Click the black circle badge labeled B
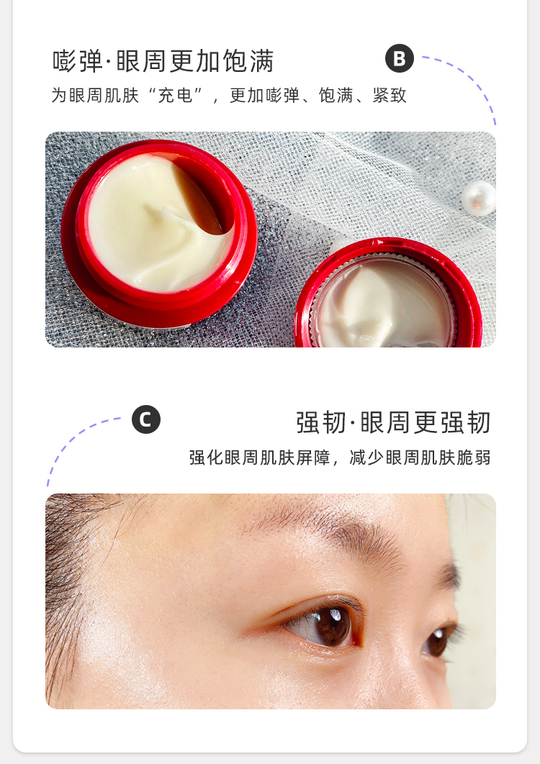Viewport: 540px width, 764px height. pos(400,58)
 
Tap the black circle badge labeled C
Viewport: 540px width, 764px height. pos(146,419)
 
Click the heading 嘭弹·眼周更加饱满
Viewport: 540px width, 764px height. pos(163,61)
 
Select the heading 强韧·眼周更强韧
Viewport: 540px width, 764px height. pos(393,422)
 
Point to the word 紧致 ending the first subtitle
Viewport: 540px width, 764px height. pos(390,96)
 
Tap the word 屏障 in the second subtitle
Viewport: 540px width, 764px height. pos(313,458)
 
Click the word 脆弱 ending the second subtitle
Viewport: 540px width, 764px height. pos(473,458)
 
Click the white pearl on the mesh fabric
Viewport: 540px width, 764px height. pos(479,199)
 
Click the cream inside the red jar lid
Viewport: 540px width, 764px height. pos(380,307)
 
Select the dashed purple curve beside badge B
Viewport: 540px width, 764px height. pos(468,77)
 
